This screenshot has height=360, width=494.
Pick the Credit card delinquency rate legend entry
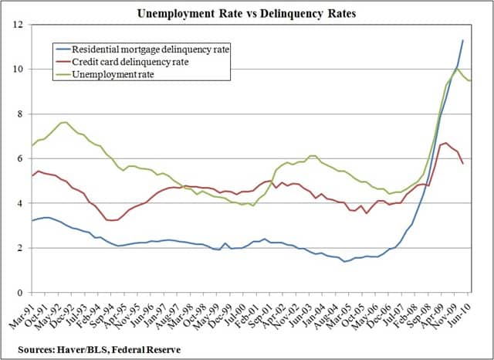tap(135, 60)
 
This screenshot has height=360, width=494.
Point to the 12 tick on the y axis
tap(16, 25)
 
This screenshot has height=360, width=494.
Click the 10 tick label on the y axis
tap(16, 70)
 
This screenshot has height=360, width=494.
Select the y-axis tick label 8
tap(19, 114)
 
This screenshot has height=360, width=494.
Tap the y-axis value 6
tap(19, 159)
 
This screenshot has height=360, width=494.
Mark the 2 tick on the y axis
tap(19, 248)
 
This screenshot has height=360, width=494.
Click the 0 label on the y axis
tap(19, 293)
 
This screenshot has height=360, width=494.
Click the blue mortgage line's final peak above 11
tap(463, 40)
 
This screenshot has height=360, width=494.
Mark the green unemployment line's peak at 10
tap(457, 69)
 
